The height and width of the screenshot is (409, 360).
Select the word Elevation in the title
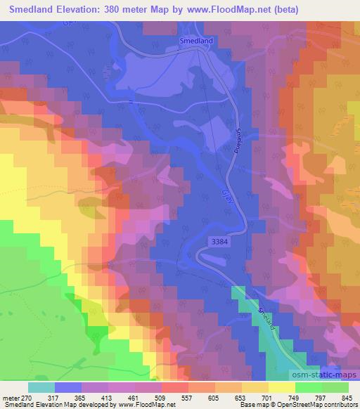(x=92, y=11)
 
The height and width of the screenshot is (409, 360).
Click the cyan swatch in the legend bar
(x=42, y=387)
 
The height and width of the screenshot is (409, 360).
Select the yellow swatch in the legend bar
(x=281, y=387)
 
